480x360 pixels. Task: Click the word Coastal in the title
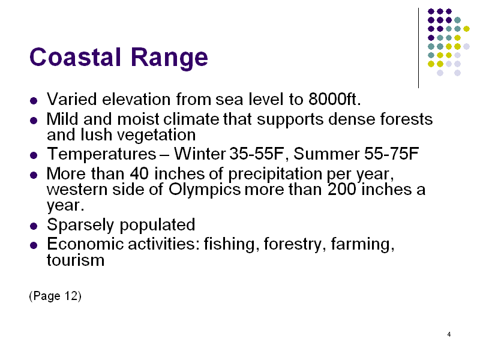pyautogui.click(x=76, y=57)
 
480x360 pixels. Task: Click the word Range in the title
pyautogui.click(x=169, y=58)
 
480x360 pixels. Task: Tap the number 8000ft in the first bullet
pyautogui.click(x=335, y=99)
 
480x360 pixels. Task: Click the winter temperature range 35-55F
pyautogui.click(x=257, y=154)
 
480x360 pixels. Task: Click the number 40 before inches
pyautogui.click(x=139, y=173)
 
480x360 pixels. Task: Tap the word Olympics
pyautogui.click(x=205, y=190)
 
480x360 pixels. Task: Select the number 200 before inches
pyautogui.click(x=341, y=189)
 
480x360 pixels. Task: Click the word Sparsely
pyautogui.click(x=80, y=226)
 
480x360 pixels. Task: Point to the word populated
pyautogui.click(x=157, y=226)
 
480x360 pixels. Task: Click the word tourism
pyautogui.click(x=76, y=260)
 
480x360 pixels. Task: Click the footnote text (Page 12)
pyautogui.click(x=55, y=296)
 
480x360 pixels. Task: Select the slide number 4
pyautogui.click(x=449, y=334)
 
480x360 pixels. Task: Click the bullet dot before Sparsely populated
pyautogui.click(x=34, y=226)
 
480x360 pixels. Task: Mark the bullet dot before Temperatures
pyautogui.click(x=34, y=155)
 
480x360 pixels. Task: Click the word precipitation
pyautogui.click(x=275, y=175)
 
